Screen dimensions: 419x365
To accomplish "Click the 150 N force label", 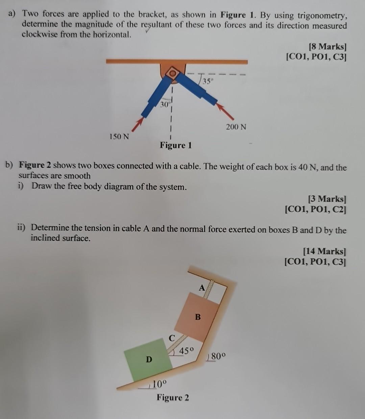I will (119, 137).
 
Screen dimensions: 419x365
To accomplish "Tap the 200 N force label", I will (236, 127).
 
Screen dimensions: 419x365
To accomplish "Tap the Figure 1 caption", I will (176, 146).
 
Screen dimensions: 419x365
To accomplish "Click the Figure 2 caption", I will (173, 398).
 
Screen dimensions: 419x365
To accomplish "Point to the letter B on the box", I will (198, 317).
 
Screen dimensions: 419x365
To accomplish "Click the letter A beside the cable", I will (202, 288).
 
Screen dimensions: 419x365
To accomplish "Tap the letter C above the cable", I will (172, 338).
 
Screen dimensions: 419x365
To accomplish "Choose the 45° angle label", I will (187, 351).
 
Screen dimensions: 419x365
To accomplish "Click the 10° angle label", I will (159, 384).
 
